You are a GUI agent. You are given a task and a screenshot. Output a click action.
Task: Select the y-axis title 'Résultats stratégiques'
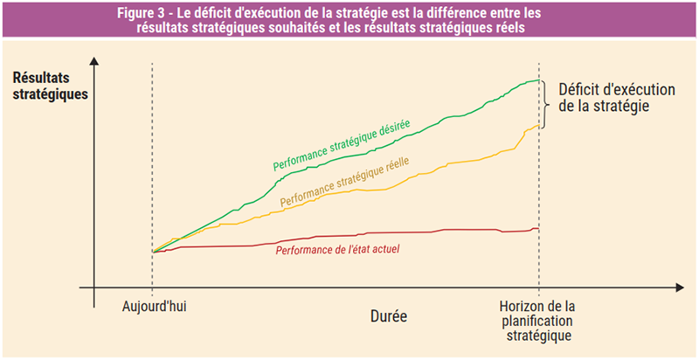(x=50, y=86)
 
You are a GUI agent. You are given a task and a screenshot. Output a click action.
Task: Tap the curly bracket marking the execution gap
(x=545, y=104)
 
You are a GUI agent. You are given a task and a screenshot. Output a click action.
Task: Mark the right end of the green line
(x=539, y=80)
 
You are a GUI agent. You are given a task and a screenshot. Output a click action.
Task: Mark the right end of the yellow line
(x=538, y=126)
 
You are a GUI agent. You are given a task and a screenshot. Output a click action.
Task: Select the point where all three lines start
(x=153, y=252)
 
